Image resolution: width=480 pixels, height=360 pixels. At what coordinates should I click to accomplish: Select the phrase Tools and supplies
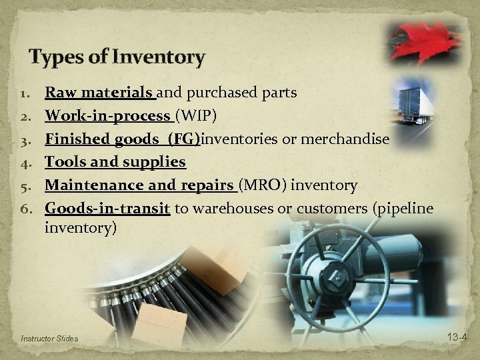115,162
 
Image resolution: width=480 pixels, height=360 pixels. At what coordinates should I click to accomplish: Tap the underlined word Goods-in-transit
107,208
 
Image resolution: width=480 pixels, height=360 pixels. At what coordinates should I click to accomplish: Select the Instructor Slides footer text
49,339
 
